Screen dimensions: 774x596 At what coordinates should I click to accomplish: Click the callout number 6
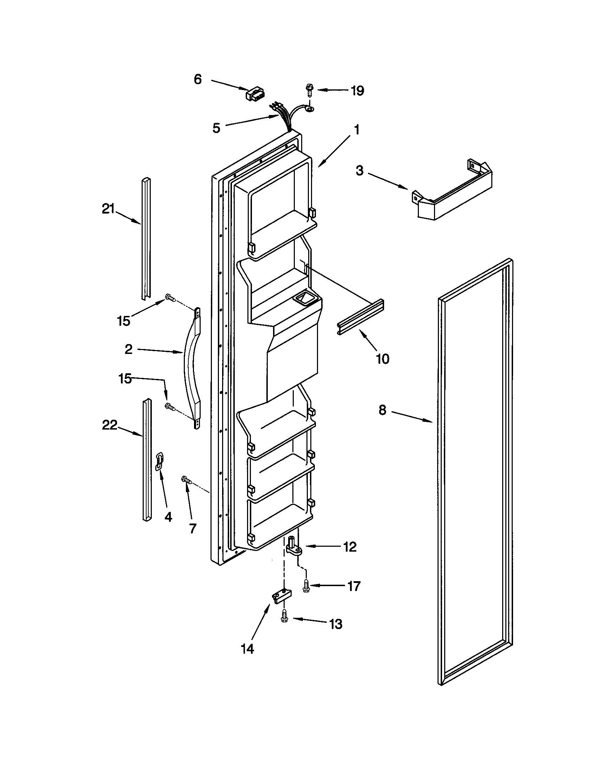(x=197, y=80)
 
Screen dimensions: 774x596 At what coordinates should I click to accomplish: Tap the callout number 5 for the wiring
(x=216, y=128)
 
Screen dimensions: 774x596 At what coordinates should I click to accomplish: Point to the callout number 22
(x=109, y=425)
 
